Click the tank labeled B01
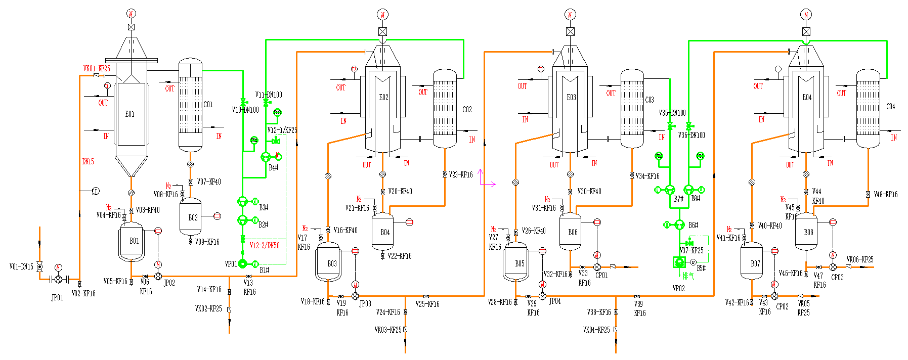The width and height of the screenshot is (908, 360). coord(132,242)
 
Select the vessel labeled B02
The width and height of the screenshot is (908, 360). coord(191,218)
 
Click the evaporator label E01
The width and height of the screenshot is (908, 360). coord(130,114)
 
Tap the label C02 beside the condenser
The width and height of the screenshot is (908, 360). coord(467,109)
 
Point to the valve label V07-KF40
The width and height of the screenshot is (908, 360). coord(209,182)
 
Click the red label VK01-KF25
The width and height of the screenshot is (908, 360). coord(97,69)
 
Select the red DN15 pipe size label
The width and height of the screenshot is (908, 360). coord(88,162)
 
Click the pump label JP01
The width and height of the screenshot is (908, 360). coord(57,297)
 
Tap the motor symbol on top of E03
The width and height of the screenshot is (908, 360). coord(570,15)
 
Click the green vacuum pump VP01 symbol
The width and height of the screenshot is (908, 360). coord(242,263)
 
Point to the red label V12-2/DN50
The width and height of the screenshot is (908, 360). coord(265,245)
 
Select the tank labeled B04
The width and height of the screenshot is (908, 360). coord(383,233)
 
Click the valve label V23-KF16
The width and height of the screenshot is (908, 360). coord(460,175)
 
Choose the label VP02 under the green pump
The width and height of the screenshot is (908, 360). coord(678,288)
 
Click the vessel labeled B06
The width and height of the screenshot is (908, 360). coord(571,233)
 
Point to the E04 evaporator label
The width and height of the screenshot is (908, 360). coord(807,98)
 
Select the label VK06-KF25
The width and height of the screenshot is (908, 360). coord(859,260)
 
